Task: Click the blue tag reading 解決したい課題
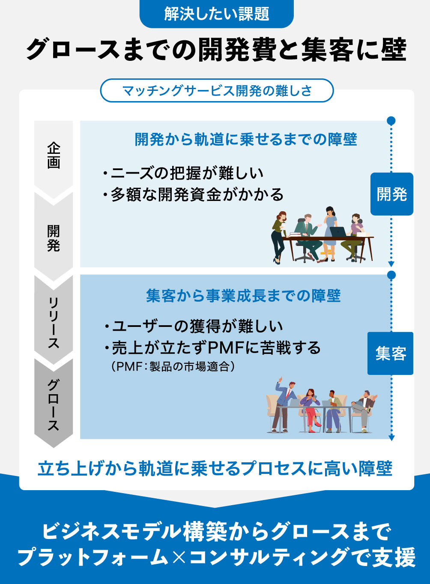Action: point(216,14)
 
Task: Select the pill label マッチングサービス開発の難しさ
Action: point(217,91)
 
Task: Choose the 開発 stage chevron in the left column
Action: point(54,238)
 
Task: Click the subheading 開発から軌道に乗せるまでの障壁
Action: point(246,139)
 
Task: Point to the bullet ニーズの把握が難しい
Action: point(183,173)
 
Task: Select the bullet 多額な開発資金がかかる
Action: point(193,195)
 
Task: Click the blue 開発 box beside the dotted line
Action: point(391,194)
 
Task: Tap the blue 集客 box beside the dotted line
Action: point(390,353)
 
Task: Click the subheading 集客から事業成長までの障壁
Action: point(243,296)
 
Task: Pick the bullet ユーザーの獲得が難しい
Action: point(193,326)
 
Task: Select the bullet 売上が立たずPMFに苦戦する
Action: point(212,347)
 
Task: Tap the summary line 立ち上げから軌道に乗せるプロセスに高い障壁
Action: point(215,469)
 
